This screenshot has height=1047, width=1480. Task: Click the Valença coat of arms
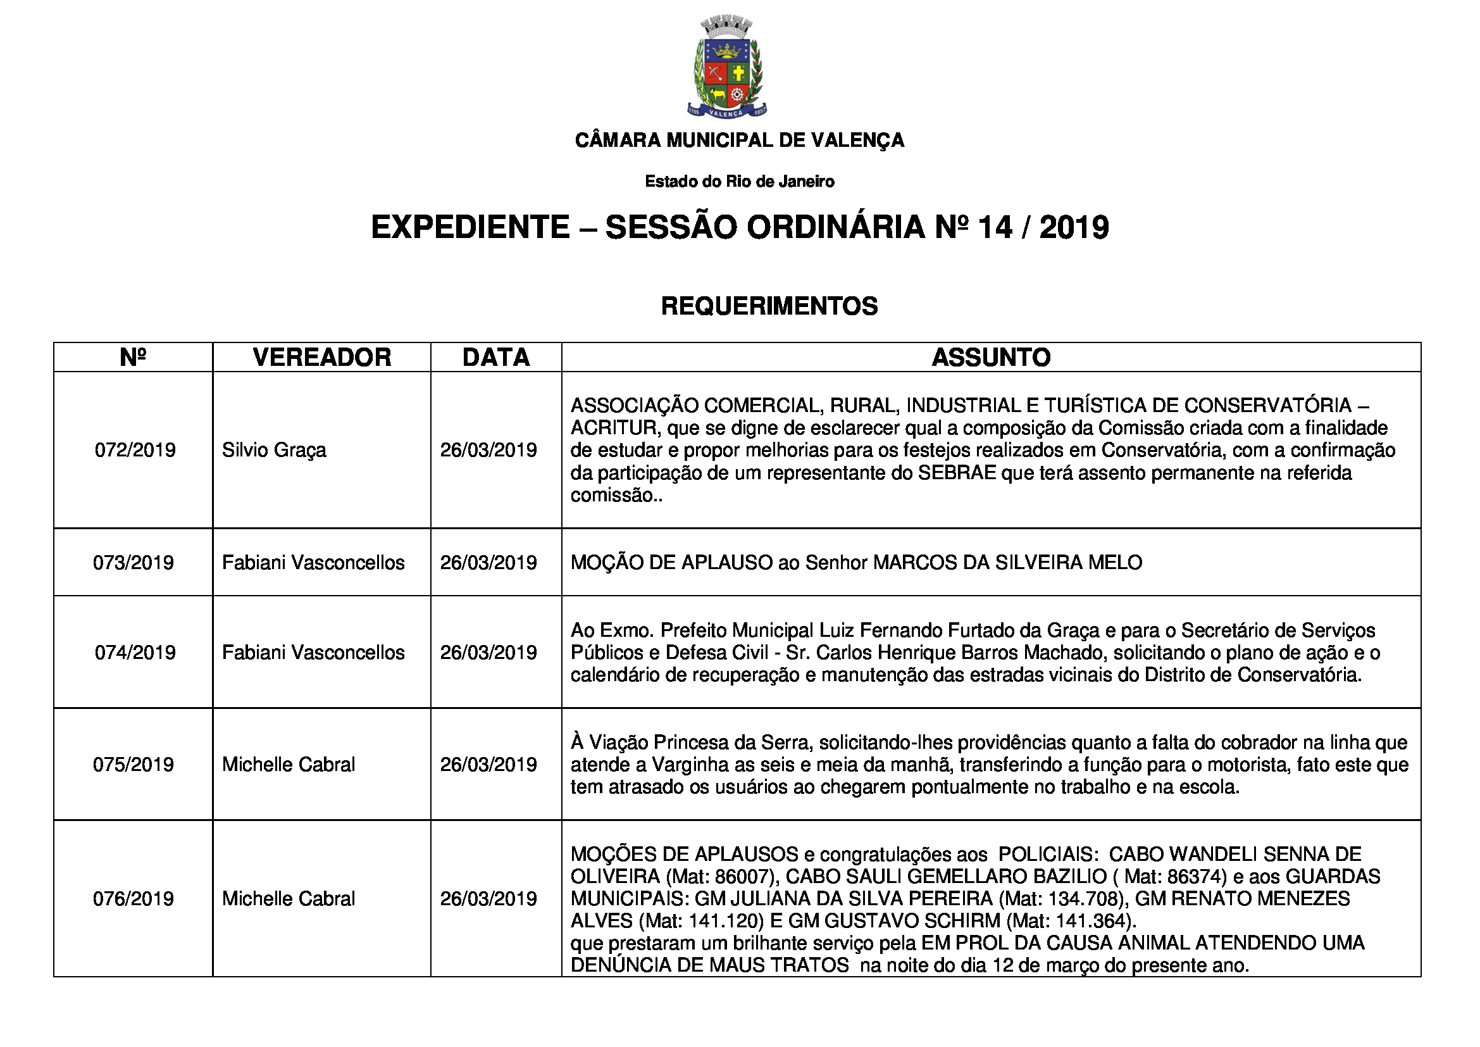tap(726, 68)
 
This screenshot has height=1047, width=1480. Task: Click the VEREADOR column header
tap(321, 357)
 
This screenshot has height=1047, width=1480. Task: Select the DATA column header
tap(495, 357)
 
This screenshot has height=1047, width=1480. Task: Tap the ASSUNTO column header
tap(991, 357)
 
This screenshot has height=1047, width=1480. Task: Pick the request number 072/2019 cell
tap(135, 450)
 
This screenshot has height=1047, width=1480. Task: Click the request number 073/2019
tap(134, 563)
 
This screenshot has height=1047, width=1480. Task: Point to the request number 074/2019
tap(135, 653)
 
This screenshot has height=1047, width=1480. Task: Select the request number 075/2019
tap(134, 765)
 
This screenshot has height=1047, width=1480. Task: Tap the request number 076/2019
tap(134, 899)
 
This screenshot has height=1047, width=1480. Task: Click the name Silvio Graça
tap(274, 450)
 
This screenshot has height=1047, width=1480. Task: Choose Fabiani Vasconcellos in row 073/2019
tap(313, 563)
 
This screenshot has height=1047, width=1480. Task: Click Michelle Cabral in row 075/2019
tap(288, 765)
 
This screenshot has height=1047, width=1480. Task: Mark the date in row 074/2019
tap(488, 653)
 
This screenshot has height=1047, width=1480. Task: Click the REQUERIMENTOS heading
tap(769, 306)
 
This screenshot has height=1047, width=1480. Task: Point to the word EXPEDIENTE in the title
tap(471, 228)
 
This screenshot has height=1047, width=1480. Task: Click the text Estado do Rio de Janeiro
tap(739, 182)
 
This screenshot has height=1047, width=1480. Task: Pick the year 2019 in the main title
tap(1074, 228)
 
